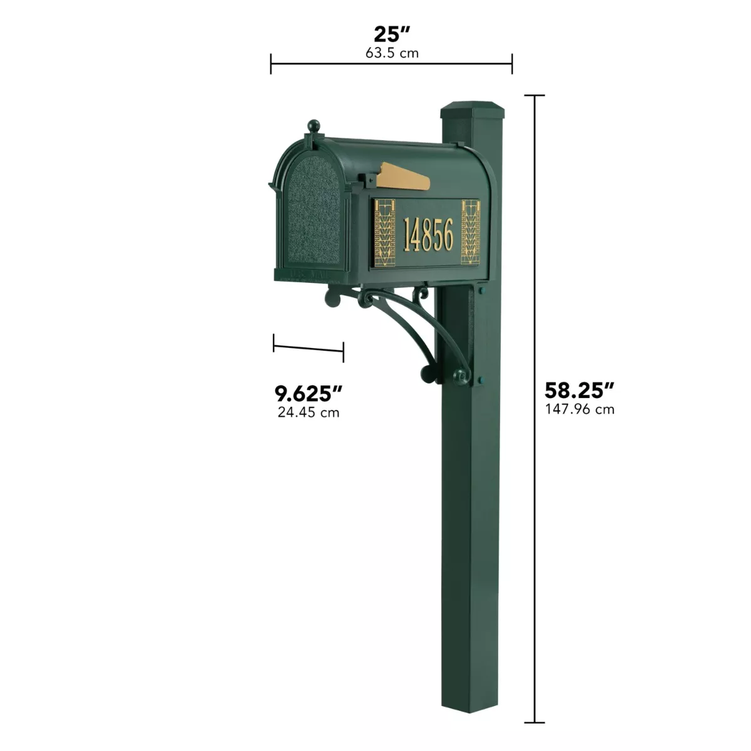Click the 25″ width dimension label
coord(392,34)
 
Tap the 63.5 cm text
coord(392,53)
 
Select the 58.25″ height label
coord(579,390)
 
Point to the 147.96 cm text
coord(580,409)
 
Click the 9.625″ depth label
coord(309,393)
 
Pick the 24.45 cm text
coord(309,412)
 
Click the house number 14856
coord(428,234)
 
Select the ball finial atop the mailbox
coord(314,126)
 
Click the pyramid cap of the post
coord(473,110)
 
